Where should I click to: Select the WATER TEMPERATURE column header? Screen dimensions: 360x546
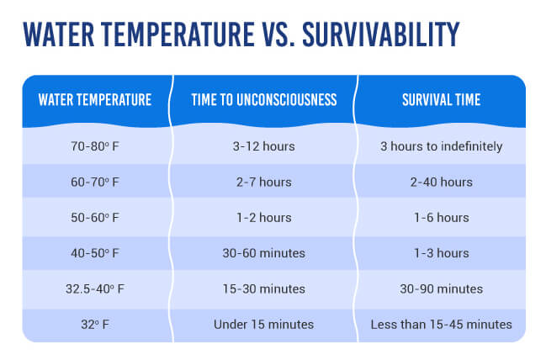(95, 100)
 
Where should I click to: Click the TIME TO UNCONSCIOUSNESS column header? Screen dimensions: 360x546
(265, 100)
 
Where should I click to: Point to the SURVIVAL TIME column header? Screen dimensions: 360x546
(442, 100)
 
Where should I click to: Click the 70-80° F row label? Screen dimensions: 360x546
(95, 146)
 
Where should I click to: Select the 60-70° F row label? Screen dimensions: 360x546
(95, 182)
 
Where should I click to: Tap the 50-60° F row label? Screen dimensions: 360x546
(95, 217)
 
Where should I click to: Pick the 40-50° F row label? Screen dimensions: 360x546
(95, 253)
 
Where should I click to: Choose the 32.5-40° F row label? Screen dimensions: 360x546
(95, 289)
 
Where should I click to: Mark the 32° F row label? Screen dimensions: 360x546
(95, 324)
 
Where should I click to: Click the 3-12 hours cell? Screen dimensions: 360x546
(265, 146)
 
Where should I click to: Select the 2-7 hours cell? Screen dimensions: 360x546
(265, 182)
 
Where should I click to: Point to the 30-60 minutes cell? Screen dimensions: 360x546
(265, 253)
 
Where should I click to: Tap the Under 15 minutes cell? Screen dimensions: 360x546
(265, 324)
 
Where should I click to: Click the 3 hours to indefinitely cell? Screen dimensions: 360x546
(442, 146)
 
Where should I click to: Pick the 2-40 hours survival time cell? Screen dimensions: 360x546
(442, 182)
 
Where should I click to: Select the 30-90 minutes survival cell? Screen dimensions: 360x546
(442, 289)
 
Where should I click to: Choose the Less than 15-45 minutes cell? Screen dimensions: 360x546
(442, 324)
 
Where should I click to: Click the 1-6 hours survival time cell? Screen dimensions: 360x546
(442, 217)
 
